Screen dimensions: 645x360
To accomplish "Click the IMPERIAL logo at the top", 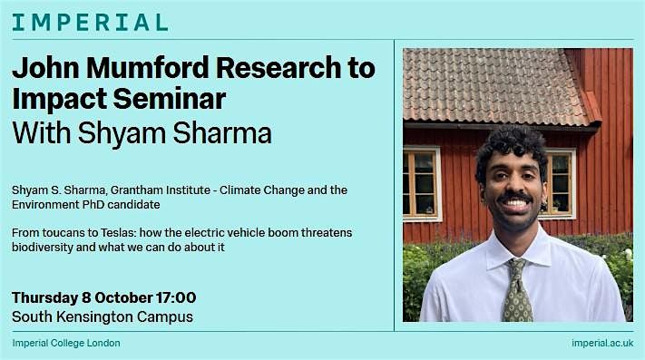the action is tap(90, 22).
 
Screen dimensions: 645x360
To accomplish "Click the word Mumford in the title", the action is tap(148, 67).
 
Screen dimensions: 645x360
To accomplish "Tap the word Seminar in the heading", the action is tap(169, 99).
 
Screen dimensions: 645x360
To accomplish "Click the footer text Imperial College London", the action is tap(66, 343).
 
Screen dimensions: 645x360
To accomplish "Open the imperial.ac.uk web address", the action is tap(602, 343).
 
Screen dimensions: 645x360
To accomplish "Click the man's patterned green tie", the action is tap(516, 292).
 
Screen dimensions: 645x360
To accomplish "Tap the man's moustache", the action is tap(514, 197).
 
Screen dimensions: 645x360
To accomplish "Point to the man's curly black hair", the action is tap(511, 146).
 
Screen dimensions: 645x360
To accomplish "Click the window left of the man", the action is tap(422, 184).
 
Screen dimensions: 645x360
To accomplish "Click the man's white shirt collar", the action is tap(517, 250).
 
